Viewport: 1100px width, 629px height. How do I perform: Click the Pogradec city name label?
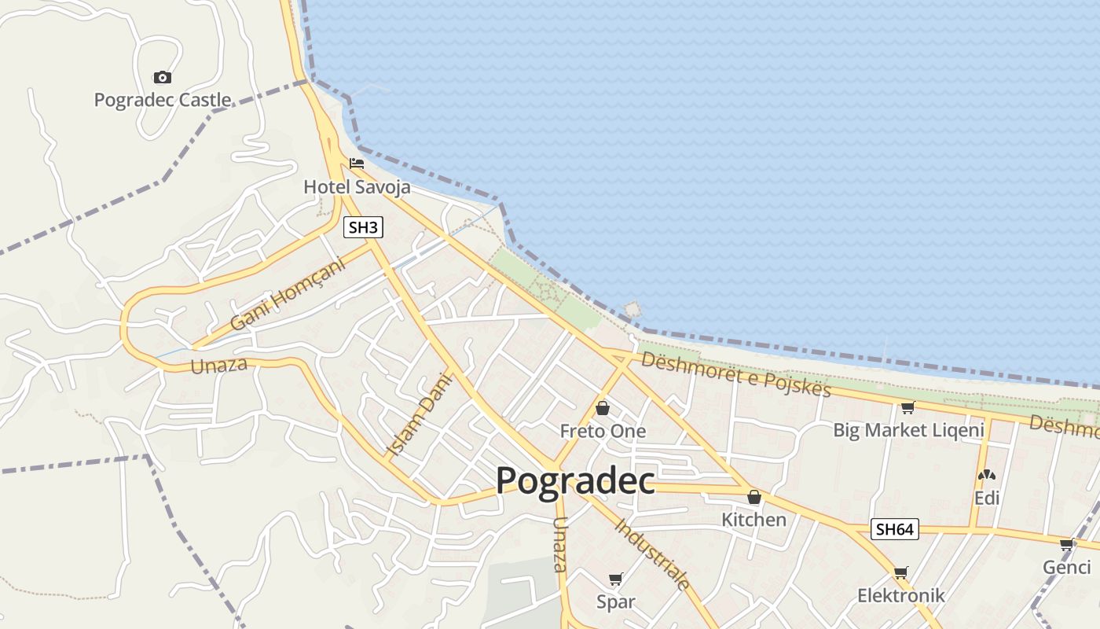[575, 480]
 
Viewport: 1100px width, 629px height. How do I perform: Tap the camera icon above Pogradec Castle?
[163, 77]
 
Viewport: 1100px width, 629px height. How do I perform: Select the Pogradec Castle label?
[163, 100]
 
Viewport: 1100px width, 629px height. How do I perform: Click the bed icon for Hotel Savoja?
[357, 164]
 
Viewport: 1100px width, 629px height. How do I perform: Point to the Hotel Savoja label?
[357, 187]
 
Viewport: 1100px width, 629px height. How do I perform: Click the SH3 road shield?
[364, 228]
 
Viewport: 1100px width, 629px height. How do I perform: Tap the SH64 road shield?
[895, 529]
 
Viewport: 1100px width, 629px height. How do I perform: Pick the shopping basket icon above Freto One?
[603, 408]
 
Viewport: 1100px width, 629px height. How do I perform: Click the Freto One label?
[603, 431]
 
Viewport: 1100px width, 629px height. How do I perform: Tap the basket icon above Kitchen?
[754, 497]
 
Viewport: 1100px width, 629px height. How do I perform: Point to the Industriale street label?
[652, 554]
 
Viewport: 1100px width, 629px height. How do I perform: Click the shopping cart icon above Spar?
[616, 579]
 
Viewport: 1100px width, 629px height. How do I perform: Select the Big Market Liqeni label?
[908, 430]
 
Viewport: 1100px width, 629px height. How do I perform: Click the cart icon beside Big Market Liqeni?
[908, 407]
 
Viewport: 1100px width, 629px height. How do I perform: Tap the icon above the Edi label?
[987, 475]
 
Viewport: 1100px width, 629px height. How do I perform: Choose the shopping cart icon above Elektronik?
[900, 572]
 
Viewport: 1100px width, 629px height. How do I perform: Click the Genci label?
[1067, 567]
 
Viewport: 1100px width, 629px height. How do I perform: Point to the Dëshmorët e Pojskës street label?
[735, 374]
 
